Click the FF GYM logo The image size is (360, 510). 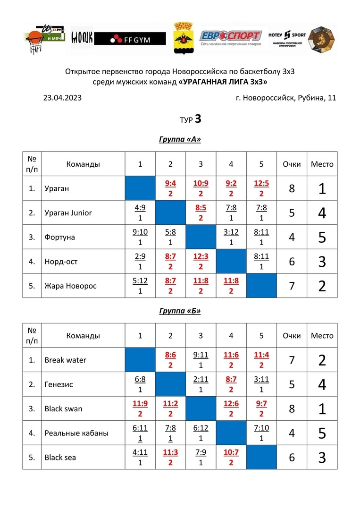click(x=130, y=39)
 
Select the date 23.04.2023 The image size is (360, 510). click(x=62, y=98)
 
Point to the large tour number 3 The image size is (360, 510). click(x=198, y=119)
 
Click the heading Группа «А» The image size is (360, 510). click(x=180, y=139)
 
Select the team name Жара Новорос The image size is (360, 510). click(x=70, y=286)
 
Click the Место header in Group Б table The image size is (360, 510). click(x=322, y=336)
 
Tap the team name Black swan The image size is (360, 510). click(x=63, y=408)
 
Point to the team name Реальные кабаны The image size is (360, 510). click(x=76, y=433)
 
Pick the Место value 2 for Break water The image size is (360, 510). click(x=322, y=360)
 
